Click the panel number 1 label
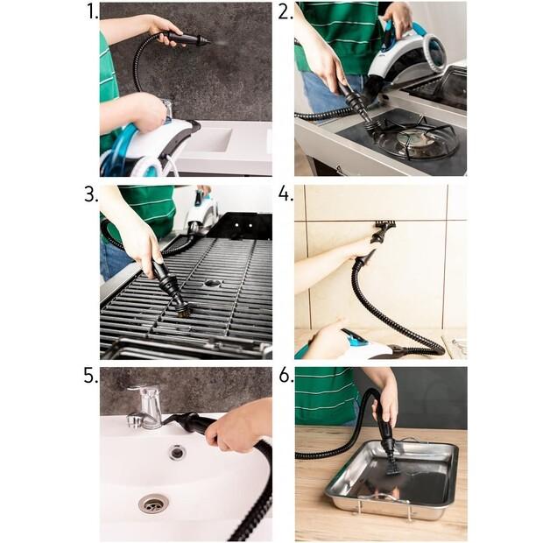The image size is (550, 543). coord(92,11)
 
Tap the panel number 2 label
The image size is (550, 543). coord(286,11)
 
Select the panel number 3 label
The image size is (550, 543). coord(91,194)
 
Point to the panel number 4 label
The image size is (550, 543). coord(286,194)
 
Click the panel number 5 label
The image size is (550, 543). coord(91,376)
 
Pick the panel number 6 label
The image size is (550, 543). coord(286,376)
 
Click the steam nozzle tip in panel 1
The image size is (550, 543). coord(209,41)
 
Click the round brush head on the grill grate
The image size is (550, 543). coord(182,310)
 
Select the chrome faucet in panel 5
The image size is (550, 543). coord(146,407)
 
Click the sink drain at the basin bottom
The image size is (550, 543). coord(153,503)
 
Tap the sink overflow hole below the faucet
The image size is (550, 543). coord(178,452)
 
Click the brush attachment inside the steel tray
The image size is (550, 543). coord(393,464)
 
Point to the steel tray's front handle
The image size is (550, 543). coord(384,497)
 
